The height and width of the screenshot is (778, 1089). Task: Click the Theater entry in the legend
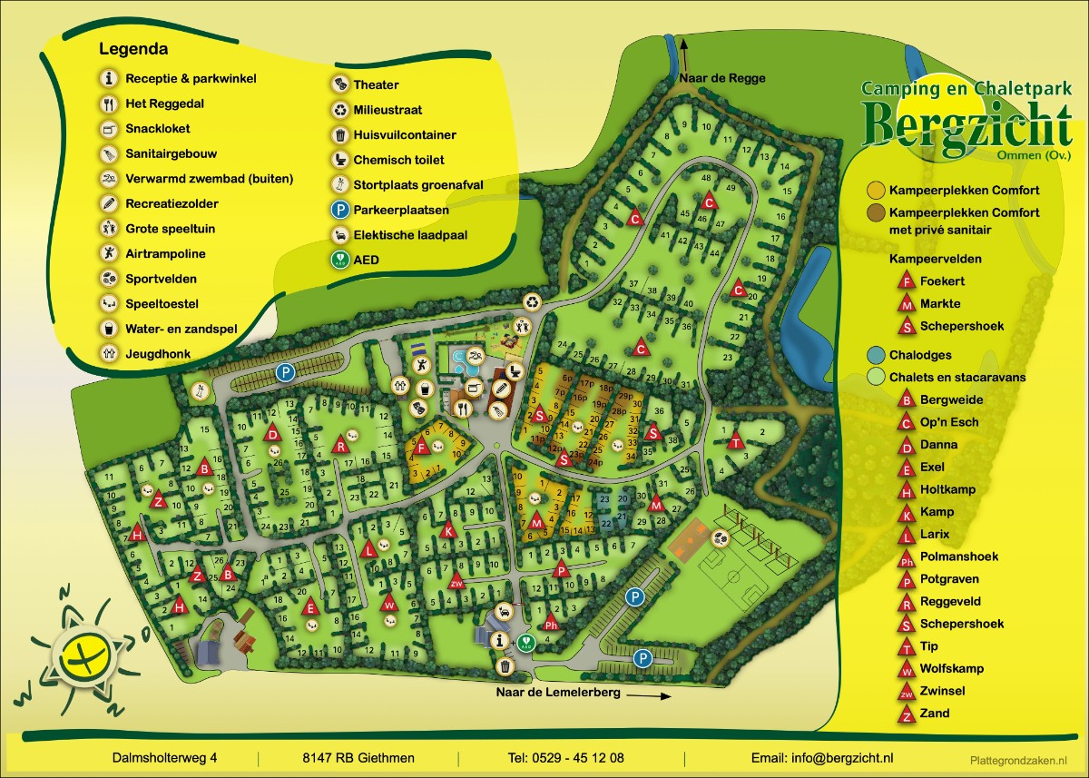point(375,85)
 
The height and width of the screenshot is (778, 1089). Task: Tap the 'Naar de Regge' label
point(721,78)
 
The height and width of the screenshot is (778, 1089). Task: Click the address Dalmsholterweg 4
point(165,758)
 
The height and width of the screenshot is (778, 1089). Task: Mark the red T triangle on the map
point(735,442)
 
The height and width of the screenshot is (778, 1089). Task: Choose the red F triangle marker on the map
point(420,447)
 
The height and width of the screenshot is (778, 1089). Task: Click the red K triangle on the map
point(447,531)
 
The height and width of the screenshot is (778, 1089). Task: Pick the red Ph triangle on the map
point(550,625)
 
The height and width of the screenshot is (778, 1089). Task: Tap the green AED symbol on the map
point(525,640)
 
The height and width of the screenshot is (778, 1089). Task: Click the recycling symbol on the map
point(531,302)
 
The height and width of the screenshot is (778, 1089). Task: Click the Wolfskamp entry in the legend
point(951,668)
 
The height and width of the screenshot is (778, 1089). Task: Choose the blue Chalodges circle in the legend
point(876,355)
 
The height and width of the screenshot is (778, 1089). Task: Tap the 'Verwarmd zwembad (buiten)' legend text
point(209,179)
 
